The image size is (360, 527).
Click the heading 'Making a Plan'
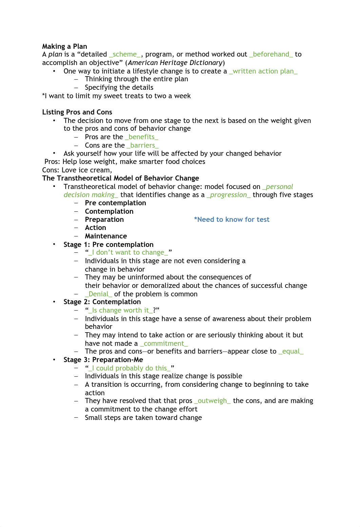pyautogui.click(x=64, y=46)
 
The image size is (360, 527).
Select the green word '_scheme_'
pyautogui.click(x=125, y=54)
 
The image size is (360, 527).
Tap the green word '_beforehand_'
pyautogui.click(x=271, y=54)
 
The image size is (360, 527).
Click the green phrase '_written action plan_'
pyautogui.click(x=263, y=71)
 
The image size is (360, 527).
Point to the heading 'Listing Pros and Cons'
pyautogui.click(x=77, y=112)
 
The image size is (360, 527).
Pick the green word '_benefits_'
pyautogui.click(x=141, y=137)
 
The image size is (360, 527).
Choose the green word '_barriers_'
pyautogui.click(x=142, y=145)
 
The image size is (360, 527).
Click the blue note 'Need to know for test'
pyautogui.click(x=232, y=219)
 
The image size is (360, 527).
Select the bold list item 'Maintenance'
pyautogui.click(x=106, y=236)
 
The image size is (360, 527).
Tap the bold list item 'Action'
pyautogui.click(x=95, y=228)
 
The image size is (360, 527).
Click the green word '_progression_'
pyautogui.click(x=228, y=195)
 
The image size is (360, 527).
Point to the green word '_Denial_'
pyautogui.click(x=98, y=294)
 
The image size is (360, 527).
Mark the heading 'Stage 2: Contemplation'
pyautogui.click(x=102, y=302)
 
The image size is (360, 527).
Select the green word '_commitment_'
pyautogui.click(x=164, y=343)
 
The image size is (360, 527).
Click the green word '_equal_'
pyautogui.click(x=291, y=351)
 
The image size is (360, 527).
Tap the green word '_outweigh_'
pyautogui.click(x=212, y=401)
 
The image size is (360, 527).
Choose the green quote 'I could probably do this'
pyautogui.click(x=129, y=368)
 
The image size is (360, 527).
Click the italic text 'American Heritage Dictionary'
pyautogui.click(x=175, y=63)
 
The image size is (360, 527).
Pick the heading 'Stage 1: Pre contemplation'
pyautogui.click(x=108, y=245)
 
